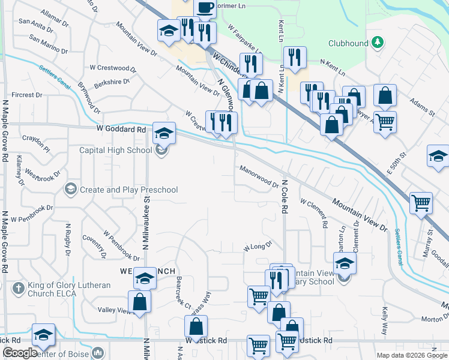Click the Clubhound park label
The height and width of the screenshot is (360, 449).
tap(348, 43)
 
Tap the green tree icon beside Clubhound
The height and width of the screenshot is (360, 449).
tap(378, 42)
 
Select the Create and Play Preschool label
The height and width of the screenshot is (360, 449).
tap(129, 190)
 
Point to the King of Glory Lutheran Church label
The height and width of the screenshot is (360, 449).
tap(69, 290)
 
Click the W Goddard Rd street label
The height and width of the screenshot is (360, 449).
tap(120, 129)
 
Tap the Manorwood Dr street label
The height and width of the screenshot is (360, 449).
tap(259, 177)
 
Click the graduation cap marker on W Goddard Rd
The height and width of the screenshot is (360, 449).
tap(163, 133)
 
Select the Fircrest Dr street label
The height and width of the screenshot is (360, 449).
tap(26, 95)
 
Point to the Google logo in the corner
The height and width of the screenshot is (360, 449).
tap(20, 353)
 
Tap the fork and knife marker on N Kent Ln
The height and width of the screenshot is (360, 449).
tap(294, 58)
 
